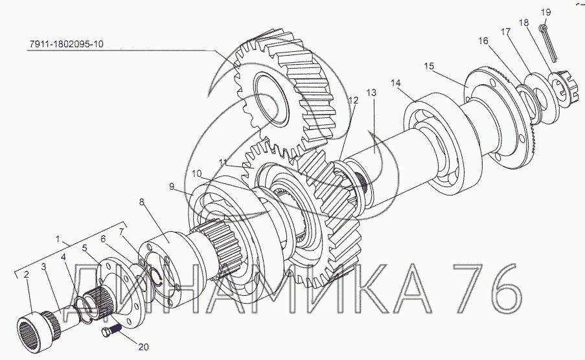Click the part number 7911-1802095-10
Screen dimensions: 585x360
tap(66, 44)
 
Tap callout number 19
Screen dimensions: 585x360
tap(545, 12)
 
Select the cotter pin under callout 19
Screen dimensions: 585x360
tap(548, 42)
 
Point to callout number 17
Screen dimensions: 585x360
tap(505, 32)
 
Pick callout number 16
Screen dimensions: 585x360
tap(483, 41)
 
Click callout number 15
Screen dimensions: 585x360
tap(429, 66)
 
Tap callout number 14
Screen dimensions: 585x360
tap(396, 83)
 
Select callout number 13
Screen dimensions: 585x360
tap(372, 93)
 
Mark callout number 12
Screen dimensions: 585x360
tap(353, 100)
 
